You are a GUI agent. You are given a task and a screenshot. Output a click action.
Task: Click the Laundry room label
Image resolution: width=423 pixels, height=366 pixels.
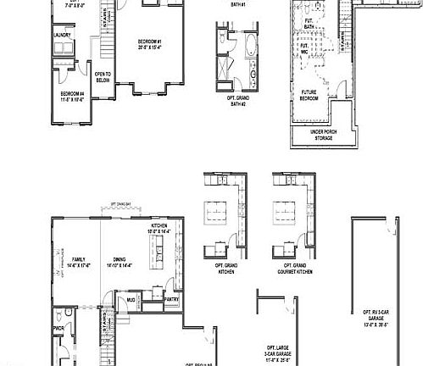(61, 35)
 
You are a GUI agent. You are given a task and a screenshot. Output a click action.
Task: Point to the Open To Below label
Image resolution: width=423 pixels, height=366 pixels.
(103, 76)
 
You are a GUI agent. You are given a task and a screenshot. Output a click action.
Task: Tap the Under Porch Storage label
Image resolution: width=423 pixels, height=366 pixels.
(322, 134)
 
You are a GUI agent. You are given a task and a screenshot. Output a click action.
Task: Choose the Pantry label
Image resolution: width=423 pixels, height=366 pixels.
(170, 299)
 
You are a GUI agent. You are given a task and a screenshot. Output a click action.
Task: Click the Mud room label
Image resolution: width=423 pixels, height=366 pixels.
(131, 299)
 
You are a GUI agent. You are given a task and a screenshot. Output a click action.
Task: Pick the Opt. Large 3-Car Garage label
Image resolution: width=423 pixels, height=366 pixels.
(278, 352)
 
